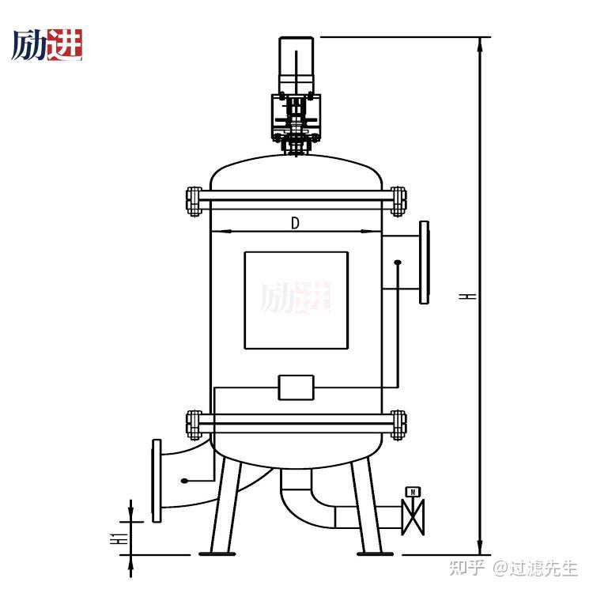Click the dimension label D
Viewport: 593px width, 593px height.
pyautogui.click(x=295, y=223)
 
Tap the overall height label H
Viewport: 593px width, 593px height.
pyautogui.click(x=467, y=296)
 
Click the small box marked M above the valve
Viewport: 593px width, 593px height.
pyautogui.click(x=413, y=492)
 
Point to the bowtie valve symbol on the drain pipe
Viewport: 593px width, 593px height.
pyautogui.click(x=413, y=517)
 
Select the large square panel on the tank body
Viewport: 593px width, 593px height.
pyautogui.click(x=296, y=300)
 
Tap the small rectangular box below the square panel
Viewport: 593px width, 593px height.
pyautogui.click(x=296, y=387)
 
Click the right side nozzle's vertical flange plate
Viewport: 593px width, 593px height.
pyautogui.click(x=425, y=263)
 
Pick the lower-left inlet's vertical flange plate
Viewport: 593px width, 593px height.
pyautogui.click(x=157, y=480)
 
